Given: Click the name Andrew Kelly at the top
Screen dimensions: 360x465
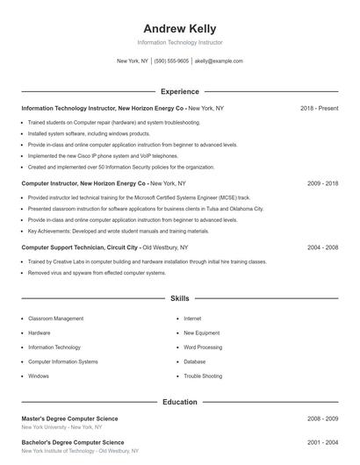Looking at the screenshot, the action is coord(179,28).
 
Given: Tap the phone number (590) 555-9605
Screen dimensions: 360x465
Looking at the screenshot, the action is coord(171,61).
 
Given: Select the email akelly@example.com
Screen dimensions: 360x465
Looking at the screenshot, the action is coord(219,61).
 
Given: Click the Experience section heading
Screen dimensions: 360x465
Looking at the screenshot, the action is coord(179,91).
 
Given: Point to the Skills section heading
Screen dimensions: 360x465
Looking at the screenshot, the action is coord(179,299).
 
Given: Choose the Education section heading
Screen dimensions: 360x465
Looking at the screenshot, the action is coord(179,402).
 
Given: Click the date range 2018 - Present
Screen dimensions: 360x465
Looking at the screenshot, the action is coord(319,108).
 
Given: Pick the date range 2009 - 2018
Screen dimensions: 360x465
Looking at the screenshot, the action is coord(322,183).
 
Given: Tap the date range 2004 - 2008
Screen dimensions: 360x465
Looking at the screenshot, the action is coord(322,247).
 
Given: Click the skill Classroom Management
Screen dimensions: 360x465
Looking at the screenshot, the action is coord(56,318).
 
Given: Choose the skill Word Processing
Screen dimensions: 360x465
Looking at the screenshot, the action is coord(203,347).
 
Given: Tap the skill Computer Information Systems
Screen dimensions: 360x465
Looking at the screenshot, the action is coord(63,361).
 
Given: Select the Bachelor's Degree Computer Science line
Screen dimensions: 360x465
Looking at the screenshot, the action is coord(73,442).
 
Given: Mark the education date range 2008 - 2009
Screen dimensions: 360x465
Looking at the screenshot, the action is coord(322,418).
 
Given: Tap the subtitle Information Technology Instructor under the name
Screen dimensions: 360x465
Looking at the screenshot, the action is coord(179,42).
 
